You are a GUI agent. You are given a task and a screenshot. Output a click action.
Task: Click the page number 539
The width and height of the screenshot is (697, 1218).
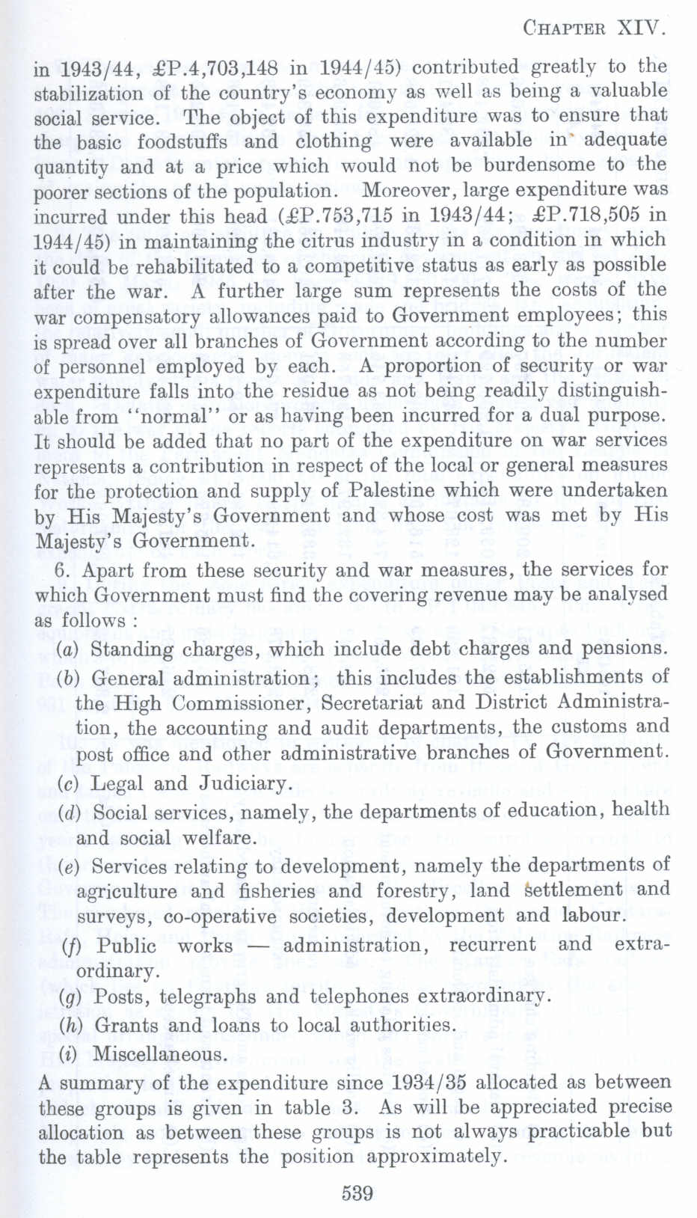click(357, 1193)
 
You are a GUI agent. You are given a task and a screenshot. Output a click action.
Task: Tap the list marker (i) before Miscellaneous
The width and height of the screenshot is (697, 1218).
click(68, 1054)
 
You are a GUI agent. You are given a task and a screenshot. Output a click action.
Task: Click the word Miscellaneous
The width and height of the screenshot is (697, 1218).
click(159, 1054)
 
